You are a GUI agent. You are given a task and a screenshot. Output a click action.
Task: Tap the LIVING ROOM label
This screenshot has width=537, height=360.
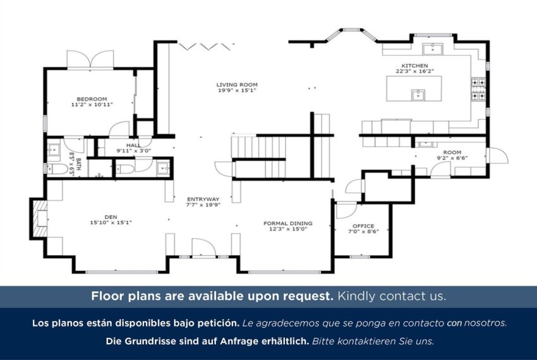[237, 85]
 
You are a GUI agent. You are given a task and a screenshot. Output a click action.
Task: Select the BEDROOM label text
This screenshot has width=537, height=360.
[92, 99]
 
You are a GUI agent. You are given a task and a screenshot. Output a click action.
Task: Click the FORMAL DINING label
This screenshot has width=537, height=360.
[287, 224]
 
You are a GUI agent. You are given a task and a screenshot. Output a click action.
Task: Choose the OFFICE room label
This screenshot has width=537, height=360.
[363, 226]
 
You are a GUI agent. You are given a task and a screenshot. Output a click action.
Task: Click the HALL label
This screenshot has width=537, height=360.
[133, 145]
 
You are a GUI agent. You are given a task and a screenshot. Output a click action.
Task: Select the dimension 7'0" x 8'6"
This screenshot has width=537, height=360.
[363, 232]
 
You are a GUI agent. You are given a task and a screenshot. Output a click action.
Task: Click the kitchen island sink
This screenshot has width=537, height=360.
[418, 95]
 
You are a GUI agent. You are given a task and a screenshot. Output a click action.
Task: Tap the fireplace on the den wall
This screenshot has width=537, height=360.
[39, 219]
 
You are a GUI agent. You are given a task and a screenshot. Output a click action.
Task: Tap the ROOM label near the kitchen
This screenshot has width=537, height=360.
[452, 152]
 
